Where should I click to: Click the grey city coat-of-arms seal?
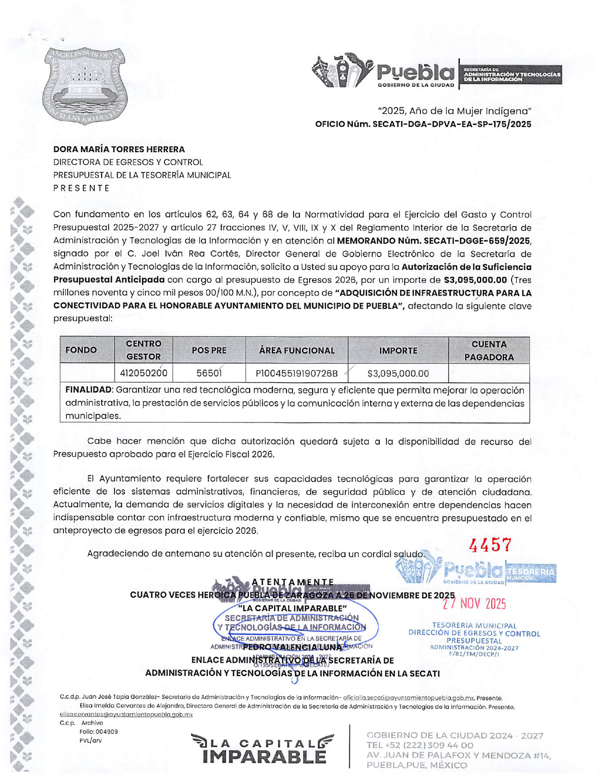tap(86, 86)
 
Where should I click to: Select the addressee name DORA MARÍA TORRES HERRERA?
tap(119, 150)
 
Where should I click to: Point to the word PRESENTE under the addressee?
tap(81, 188)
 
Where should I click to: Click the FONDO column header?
tap(81, 350)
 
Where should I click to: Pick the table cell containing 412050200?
tap(143, 373)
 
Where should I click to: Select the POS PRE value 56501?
tap(209, 373)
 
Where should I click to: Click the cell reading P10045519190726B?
tap(296, 374)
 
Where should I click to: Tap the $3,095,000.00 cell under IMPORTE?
tap(398, 374)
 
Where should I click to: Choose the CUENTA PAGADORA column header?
tap(488, 351)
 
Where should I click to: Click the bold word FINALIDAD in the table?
tap(88, 390)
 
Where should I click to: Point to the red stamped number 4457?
tap(489, 545)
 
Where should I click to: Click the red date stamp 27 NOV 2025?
tap(474, 604)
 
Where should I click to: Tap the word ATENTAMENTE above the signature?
tap(293, 582)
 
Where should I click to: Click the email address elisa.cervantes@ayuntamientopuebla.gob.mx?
tap(126, 714)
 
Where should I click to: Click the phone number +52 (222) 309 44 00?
tap(420, 745)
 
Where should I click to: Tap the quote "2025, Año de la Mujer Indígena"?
tap(454, 111)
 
